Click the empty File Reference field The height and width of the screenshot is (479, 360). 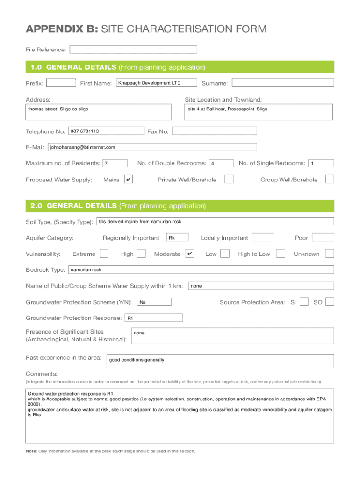point(133,49)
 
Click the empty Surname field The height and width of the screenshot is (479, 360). point(283,83)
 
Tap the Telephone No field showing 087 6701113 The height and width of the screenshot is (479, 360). point(106,131)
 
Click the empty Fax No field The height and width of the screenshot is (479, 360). point(214,131)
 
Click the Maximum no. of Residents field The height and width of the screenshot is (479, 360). point(115,163)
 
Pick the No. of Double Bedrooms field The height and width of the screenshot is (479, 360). point(221,163)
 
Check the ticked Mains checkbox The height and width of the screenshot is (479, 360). point(129,180)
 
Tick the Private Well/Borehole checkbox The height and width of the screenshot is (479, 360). point(229,180)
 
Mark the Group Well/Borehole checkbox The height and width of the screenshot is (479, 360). point(330,180)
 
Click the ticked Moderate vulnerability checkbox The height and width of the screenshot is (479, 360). point(190,254)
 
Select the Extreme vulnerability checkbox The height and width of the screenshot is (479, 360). point(104,254)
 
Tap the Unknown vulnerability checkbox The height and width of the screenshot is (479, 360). point(330,254)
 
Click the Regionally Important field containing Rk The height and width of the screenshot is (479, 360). point(177,238)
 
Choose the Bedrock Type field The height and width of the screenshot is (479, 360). point(201,270)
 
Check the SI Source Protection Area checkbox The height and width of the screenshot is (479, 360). point(304,302)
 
